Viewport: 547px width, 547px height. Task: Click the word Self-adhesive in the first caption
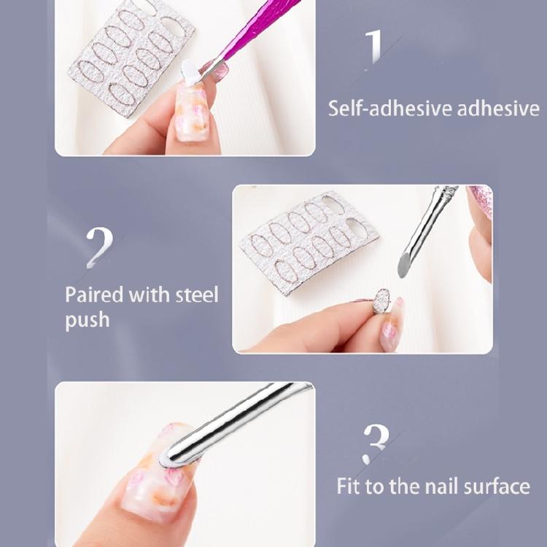click(x=389, y=109)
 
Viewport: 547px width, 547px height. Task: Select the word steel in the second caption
click(x=197, y=295)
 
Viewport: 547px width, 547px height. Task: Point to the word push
click(x=88, y=320)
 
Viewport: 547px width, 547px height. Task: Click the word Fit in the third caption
click(x=350, y=486)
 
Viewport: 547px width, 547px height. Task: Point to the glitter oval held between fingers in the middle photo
click(x=381, y=300)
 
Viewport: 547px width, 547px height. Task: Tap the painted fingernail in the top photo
click(x=191, y=117)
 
